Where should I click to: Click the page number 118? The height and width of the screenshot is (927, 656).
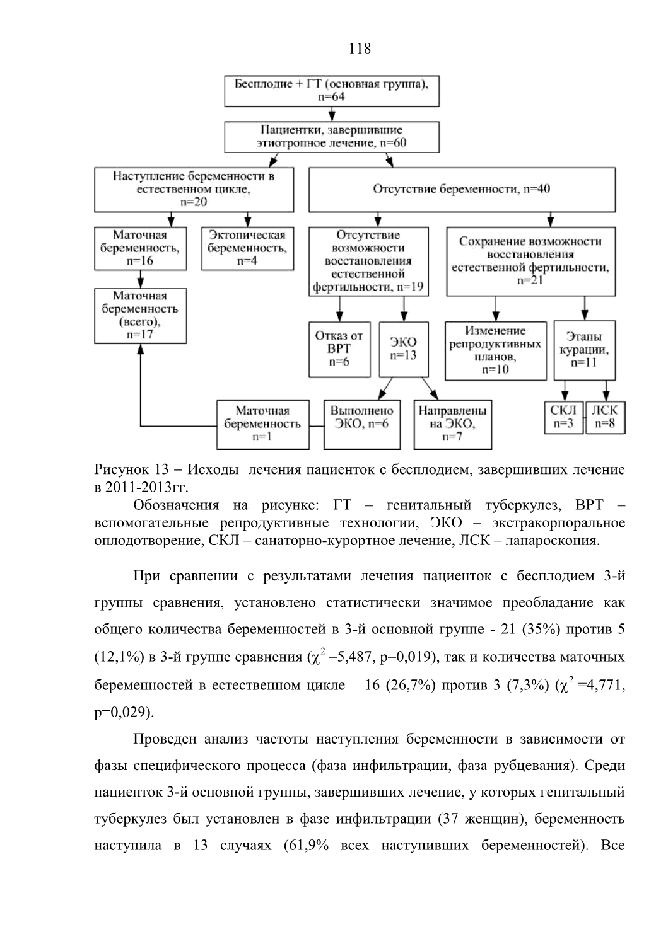click(x=360, y=49)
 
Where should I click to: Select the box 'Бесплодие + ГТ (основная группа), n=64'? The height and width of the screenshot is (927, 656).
click(x=332, y=91)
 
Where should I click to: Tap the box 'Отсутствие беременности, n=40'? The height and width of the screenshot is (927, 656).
click(x=462, y=190)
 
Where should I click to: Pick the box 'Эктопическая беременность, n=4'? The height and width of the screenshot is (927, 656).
click(x=248, y=248)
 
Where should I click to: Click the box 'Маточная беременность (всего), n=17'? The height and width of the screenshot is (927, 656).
click(x=141, y=316)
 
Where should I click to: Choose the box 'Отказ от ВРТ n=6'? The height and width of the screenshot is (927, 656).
click(x=339, y=350)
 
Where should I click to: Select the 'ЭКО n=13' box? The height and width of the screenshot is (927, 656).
click(x=404, y=350)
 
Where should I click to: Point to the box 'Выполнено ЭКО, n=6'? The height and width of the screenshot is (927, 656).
click(x=362, y=424)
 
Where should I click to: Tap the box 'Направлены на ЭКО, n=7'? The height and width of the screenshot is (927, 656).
click(x=453, y=424)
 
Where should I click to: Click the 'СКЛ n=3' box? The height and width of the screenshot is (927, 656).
click(x=564, y=417)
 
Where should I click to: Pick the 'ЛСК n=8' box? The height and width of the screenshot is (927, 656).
click(x=605, y=417)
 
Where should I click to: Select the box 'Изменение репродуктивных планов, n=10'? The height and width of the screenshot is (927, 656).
click(x=496, y=350)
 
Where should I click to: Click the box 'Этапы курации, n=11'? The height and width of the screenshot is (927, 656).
click(x=584, y=350)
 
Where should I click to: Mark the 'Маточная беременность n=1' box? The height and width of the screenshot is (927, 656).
click(x=262, y=424)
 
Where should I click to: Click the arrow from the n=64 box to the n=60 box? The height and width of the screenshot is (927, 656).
click(x=332, y=114)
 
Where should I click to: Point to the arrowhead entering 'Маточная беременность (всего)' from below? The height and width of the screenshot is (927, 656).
click(x=141, y=348)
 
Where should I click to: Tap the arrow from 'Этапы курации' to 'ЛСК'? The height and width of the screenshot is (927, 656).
click(x=606, y=391)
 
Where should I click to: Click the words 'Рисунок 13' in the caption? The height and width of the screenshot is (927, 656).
click(x=131, y=469)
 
